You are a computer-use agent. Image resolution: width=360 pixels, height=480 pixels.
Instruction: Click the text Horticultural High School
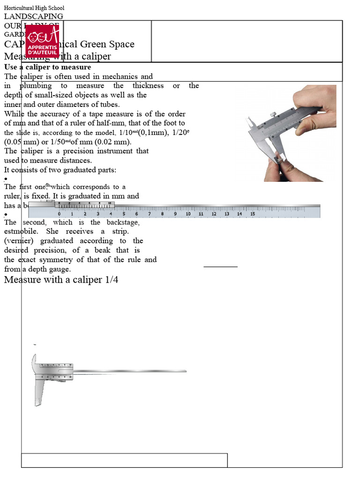[x=34, y=8]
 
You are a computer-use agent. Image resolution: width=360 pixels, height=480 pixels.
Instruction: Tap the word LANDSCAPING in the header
[x=34, y=16]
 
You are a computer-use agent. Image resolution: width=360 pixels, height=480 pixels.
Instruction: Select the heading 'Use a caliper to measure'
[x=47, y=67]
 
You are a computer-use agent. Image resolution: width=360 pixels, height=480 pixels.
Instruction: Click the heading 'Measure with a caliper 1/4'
[x=61, y=280]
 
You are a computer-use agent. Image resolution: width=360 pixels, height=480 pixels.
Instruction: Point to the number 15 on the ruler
[x=252, y=214]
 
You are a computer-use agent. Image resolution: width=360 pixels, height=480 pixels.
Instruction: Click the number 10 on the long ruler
[x=188, y=214]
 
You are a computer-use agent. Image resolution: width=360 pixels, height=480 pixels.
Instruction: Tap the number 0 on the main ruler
[x=59, y=214]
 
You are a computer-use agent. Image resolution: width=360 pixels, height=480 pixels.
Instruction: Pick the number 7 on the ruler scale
[x=150, y=214]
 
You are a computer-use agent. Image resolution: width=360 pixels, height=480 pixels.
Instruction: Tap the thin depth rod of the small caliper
[x=131, y=371]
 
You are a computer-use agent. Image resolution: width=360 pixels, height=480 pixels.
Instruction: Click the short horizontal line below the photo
[x=220, y=267]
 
